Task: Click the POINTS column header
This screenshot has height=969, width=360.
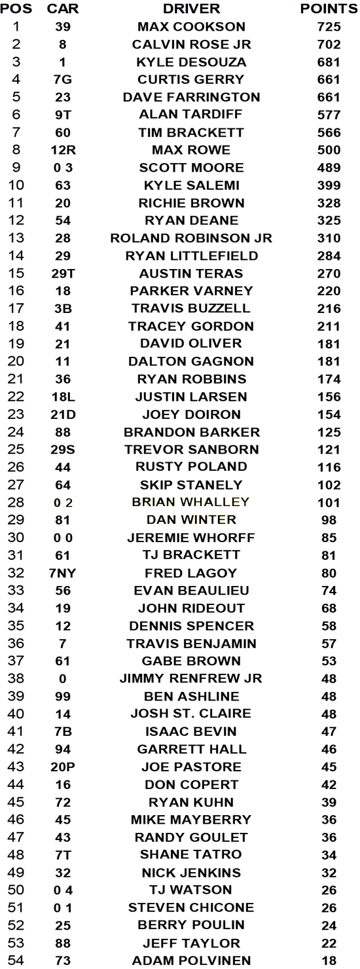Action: click(329, 9)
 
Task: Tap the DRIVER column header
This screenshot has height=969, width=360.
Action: click(191, 9)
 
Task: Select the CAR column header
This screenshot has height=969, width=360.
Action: click(63, 9)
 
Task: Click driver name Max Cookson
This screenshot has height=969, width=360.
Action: click(191, 27)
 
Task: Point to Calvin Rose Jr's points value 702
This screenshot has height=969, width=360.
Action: click(329, 45)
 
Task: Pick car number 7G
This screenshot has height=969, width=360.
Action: click(63, 80)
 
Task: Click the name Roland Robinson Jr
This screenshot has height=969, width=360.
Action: click(191, 238)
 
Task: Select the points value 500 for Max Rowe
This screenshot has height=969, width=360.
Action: click(329, 150)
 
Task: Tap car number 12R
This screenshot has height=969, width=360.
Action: click(63, 150)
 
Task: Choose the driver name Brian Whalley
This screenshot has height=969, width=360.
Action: click(191, 502)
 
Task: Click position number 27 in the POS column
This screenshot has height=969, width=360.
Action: click(16, 485)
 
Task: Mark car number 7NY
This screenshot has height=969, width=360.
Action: click(63, 574)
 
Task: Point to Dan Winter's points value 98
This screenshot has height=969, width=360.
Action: click(329, 520)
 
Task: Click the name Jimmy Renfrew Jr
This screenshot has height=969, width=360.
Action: click(191, 678)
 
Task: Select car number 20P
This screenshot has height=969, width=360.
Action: click(63, 767)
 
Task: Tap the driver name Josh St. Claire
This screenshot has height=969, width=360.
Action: click(191, 714)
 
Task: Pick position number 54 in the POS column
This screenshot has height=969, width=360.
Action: click(16, 960)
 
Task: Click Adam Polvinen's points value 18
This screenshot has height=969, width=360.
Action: click(329, 960)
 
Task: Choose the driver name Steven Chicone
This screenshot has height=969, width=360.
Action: click(191, 907)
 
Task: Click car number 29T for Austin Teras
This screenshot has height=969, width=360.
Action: click(63, 274)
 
